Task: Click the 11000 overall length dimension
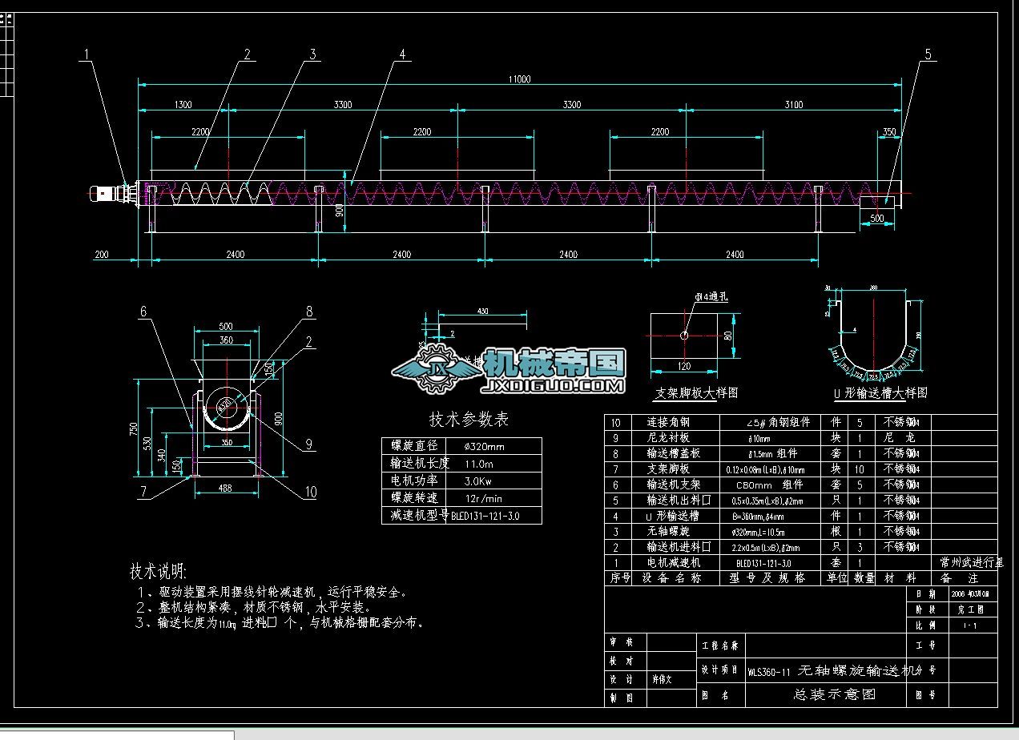point(518,78)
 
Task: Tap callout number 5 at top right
point(928,54)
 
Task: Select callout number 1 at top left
point(87,54)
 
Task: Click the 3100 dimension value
point(793,105)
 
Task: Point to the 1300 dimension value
point(182,105)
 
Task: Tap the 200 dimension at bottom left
point(101,255)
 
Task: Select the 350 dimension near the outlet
point(888,131)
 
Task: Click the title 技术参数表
point(469,420)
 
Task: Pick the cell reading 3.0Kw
point(480,481)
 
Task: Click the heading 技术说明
point(158,572)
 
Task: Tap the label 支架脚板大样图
point(696,393)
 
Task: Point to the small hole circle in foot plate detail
point(684,336)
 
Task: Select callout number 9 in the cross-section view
point(308,444)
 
